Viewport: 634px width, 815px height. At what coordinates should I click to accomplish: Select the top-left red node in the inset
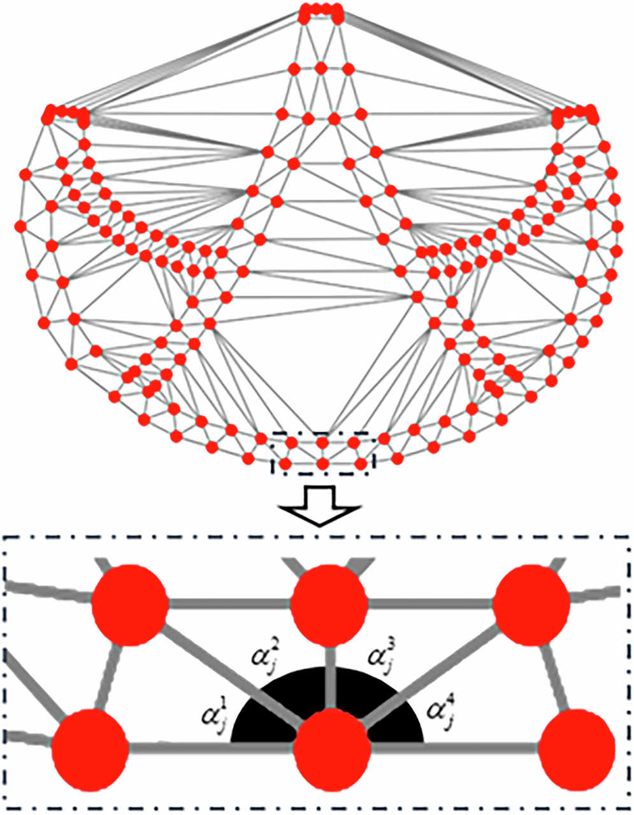pyautogui.click(x=129, y=602)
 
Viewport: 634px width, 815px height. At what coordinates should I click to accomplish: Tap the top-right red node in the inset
pyautogui.click(x=530, y=603)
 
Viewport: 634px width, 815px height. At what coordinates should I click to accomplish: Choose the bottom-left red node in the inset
pyautogui.click(x=90, y=747)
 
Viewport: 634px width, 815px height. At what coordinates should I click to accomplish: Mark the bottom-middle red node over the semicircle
pyautogui.click(x=333, y=748)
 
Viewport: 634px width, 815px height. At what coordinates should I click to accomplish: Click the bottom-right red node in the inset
pyautogui.click(x=577, y=747)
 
